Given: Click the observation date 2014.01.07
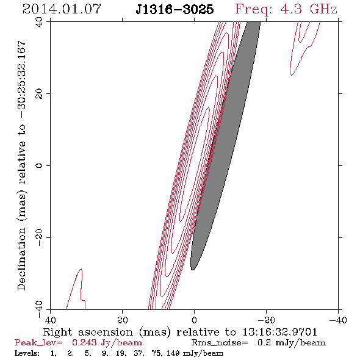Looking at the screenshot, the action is pyautogui.click(x=62, y=9).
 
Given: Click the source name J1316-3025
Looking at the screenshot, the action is pyautogui.click(x=175, y=10).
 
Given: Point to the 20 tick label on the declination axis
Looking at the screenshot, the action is pyautogui.click(x=39, y=94).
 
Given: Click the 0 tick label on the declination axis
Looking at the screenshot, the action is pyautogui.click(x=39, y=165).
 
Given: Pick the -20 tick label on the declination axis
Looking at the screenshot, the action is pyautogui.click(x=39, y=237).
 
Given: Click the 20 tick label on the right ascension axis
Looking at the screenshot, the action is pyautogui.click(x=122, y=320).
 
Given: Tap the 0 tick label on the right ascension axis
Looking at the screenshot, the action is pyautogui.click(x=194, y=320).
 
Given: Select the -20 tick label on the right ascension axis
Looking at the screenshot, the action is pyautogui.click(x=266, y=320).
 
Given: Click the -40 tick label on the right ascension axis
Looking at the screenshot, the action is pyautogui.click(x=338, y=320).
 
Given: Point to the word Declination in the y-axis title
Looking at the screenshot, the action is pyautogui.click(x=21, y=259).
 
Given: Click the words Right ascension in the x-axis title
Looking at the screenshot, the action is pyautogui.click(x=88, y=332).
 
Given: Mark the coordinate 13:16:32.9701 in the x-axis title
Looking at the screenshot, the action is pyautogui.click(x=280, y=332).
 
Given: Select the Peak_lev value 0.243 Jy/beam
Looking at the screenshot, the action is pyautogui.click(x=107, y=343).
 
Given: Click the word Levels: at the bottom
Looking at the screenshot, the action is pyautogui.click(x=27, y=353).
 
